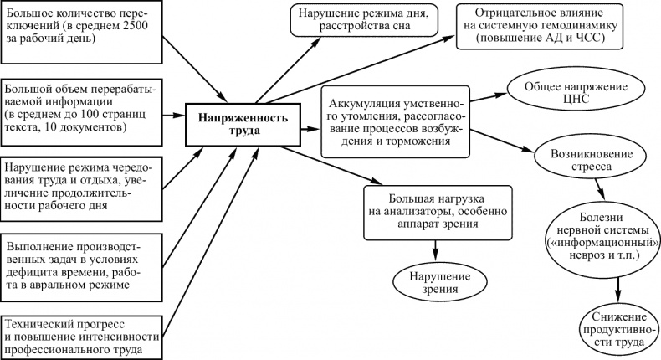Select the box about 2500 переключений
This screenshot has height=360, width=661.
pyautogui.click(x=81, y=31)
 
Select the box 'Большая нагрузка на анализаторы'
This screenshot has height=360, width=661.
pyautogui.click(x=436, y=208)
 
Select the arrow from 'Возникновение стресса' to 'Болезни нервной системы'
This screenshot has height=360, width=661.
pyautogui.click(x=599, y=189)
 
